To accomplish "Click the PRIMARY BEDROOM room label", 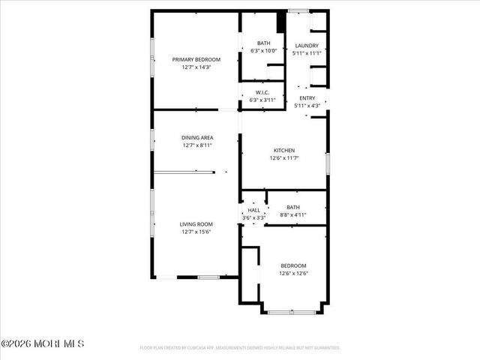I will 196,59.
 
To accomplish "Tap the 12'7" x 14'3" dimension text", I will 196,67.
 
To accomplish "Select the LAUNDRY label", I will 307,45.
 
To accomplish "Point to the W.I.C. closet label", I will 262,92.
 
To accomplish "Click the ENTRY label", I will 307,98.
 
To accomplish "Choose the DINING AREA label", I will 197,137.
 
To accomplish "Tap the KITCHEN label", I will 283,151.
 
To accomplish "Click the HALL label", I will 253,210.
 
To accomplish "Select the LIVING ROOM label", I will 196,223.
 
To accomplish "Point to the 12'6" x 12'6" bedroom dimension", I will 293,273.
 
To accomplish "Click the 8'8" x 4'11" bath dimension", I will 292,215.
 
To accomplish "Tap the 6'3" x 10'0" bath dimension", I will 263,51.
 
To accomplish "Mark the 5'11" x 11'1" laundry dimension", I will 307,53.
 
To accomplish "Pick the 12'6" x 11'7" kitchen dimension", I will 283,158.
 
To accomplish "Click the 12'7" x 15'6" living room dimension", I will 196,232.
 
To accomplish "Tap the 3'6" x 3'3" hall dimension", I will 253,217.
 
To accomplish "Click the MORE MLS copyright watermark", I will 43,343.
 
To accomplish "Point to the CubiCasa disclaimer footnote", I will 240,348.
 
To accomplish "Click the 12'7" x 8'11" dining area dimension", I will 197,145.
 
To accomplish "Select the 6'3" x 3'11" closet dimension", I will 262,100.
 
